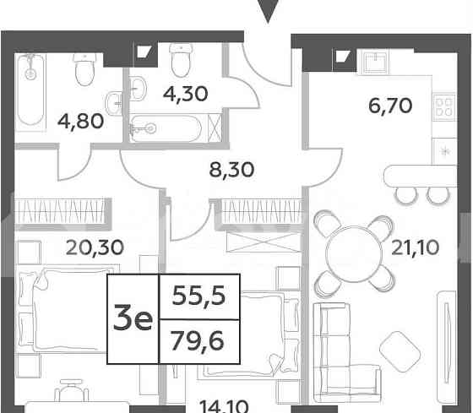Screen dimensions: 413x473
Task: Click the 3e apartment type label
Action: click(133, 318)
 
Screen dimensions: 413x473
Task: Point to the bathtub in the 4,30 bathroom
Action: click(168, 130)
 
